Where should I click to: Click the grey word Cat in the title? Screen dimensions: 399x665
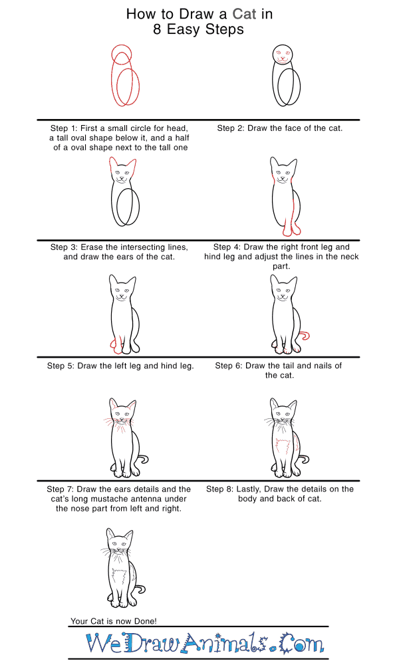pyautogui.click(x=244, y=14)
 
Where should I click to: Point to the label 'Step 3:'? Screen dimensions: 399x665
pyautogui.click(x=64, y=247)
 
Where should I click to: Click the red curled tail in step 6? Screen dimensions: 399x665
pyautogui.click(x=304, y=336)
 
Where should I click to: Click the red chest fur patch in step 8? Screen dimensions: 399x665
pyautogui.click(x=283, y=447)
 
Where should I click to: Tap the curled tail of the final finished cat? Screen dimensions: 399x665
pyautogui.click(x=140, y=589)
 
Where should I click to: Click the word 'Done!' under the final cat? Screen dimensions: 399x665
pyautogui.click(x=146, y=621)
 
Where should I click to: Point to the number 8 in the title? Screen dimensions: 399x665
pyautogui.click(x=158, y=29)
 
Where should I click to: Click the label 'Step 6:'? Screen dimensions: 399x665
pyautogui.click(x=229, y=366)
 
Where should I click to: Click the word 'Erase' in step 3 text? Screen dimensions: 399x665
pyautogui.click(x=92, y=247)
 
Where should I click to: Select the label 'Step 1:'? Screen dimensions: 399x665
pyautogui.click(x=64, y=128)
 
